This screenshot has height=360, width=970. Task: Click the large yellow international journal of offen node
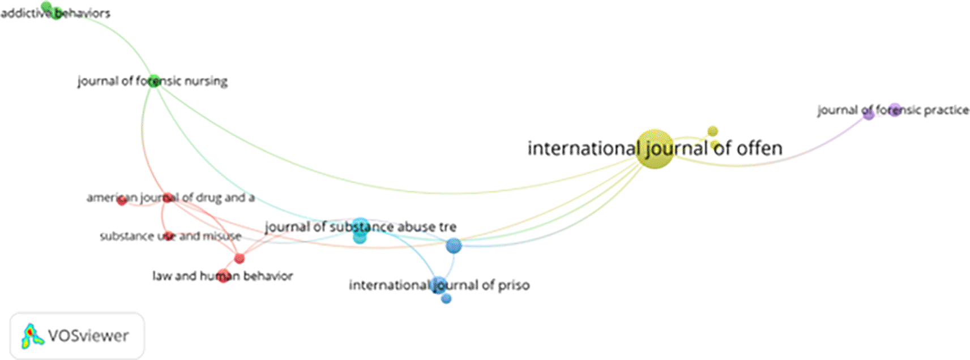655,149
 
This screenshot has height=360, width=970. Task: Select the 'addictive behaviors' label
55,13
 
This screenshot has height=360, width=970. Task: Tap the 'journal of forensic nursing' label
152,82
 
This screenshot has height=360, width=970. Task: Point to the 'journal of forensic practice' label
893,110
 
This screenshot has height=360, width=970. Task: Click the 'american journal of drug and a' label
170,198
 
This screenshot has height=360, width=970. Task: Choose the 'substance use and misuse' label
170,236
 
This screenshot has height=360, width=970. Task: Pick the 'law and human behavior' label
223,276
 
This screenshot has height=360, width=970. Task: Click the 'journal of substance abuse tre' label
360,227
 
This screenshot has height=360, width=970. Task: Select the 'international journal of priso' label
439,285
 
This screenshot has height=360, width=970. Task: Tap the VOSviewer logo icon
32,336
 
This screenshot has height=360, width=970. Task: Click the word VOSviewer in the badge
88,336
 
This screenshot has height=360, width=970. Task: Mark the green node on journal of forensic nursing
153,82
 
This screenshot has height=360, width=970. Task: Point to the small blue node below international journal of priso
446,298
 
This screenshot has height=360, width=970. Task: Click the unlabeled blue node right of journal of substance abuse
454,246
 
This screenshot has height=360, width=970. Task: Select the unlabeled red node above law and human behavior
240,259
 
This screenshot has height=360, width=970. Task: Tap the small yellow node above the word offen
712,131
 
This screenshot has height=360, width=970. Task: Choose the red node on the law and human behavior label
223,277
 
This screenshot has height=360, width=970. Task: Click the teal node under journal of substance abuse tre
360,238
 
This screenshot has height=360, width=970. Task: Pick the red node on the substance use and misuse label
167,236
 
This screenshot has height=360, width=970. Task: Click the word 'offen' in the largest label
759,149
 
